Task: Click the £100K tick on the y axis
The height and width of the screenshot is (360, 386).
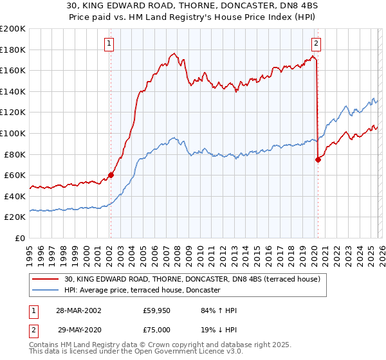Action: click(13, 133)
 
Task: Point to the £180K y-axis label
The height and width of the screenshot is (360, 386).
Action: click(13, 50)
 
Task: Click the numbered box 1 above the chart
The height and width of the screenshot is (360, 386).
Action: click(110, 44)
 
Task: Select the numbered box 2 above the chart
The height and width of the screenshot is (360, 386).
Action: click(317, 44)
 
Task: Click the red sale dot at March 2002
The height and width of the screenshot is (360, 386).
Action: click(111, 175)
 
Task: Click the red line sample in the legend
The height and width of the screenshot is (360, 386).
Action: click(46, 279)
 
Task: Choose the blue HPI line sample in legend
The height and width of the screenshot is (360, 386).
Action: click(46, 291)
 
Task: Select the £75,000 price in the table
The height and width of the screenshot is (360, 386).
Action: click(157, 329)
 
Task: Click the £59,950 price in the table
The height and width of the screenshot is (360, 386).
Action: click(157, 311)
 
